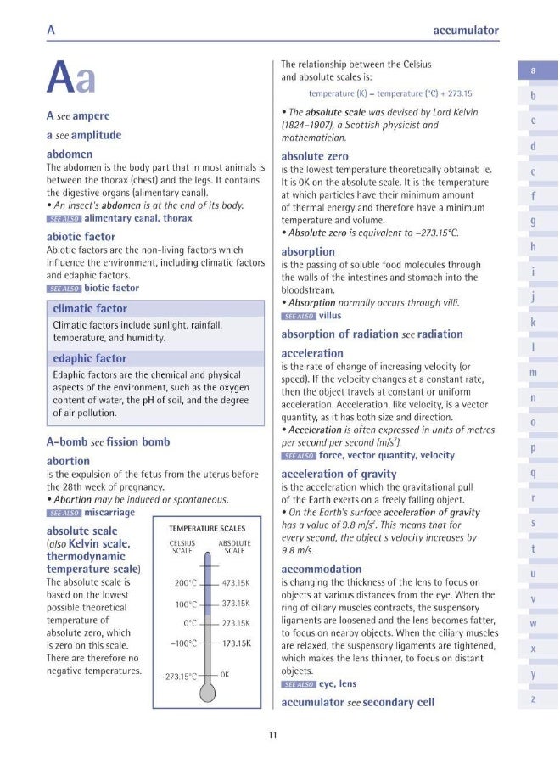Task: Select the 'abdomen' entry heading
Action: coord(70,154)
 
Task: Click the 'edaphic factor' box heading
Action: coord(89,358)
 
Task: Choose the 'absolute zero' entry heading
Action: coord(314,156)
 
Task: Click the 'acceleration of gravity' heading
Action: coord(339,474)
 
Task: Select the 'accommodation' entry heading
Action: coord(321,569)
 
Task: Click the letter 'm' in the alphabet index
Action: coord(532,373)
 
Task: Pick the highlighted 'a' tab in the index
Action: coord(532,70)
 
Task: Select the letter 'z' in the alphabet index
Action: coord(532,698)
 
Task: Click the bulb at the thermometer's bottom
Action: coord(208,693)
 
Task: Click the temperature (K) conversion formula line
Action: coord(389,93)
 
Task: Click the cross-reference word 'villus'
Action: coord(329,316)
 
